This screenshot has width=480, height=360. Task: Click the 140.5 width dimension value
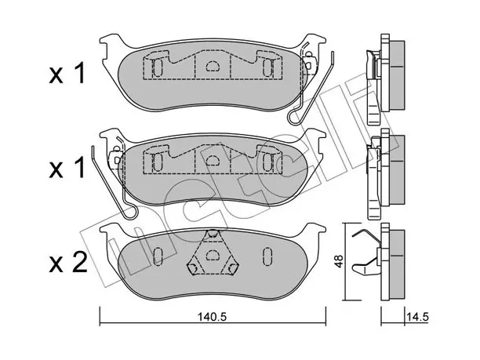[211, 317]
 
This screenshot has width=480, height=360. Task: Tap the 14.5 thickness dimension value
[417, 317]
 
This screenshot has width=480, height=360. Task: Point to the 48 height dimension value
[339, 261]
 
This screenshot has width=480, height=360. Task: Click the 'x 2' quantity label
[68, 264]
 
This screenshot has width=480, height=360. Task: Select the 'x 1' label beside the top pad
[67, 74]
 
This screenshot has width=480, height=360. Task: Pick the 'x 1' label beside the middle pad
[67, 169]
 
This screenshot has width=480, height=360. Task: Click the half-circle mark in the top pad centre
[212, 66]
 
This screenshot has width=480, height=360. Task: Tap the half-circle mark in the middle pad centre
[212, 160]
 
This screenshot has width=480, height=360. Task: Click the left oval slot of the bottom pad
[158, 256]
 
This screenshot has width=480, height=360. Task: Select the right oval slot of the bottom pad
[267, 255]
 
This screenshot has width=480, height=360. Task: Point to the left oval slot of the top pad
[157, 67]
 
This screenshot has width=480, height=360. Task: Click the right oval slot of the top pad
[267, 67]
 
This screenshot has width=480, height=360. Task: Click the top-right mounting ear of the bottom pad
[315, 229]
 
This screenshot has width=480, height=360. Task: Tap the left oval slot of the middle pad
[157, 162]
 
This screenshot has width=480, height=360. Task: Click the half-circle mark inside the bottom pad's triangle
[212, 255]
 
